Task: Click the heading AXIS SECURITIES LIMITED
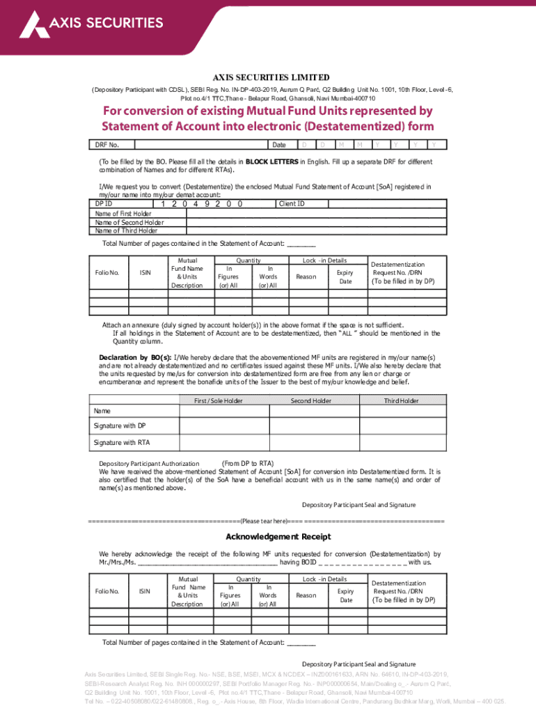(x=271, y=77)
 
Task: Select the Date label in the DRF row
(x=279, y=145)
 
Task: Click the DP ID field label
(x=104, y=204)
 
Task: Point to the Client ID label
(x=291, y=204)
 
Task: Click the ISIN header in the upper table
(x=145, y=272)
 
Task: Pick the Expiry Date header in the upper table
(x=345, y=276)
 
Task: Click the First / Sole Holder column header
(x=218, y=401)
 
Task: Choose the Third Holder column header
(x=402, y=401)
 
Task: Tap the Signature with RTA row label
(x=122, y=442)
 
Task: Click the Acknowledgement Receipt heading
(x=268, y=537)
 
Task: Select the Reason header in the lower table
(x=306, y=595)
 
